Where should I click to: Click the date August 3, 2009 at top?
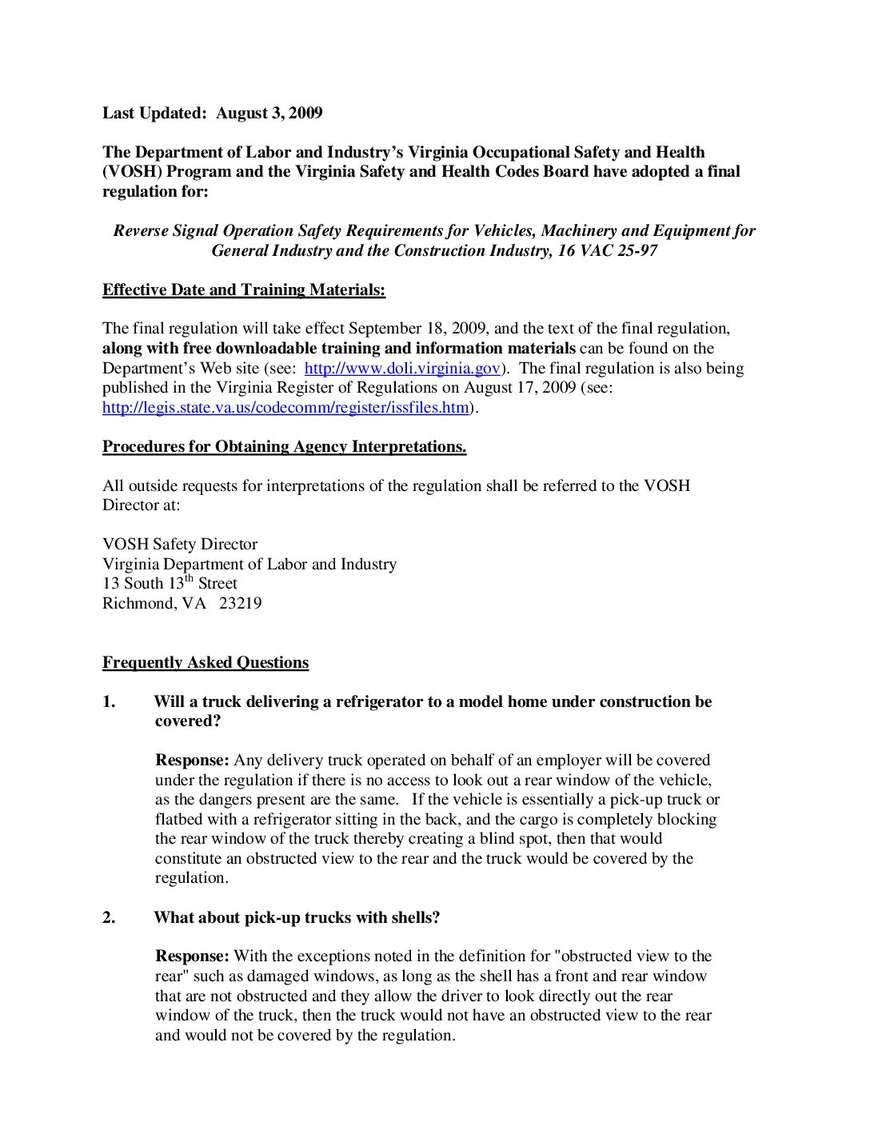(269, 113)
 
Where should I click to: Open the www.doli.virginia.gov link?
(402, 368)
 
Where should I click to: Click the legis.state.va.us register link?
(285, 407)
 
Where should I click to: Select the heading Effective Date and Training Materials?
(243, 289)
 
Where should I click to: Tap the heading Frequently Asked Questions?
(205, 662)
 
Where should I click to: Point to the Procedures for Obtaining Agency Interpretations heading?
(284, 446)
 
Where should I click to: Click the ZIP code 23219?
(240, 603)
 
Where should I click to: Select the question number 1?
(109, 701)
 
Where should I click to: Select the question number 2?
(109, 917)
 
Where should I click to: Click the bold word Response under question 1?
(192, 760)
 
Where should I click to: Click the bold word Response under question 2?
(192, 956)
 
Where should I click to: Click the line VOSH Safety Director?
(180, 544)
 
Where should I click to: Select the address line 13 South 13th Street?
(170, 583)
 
